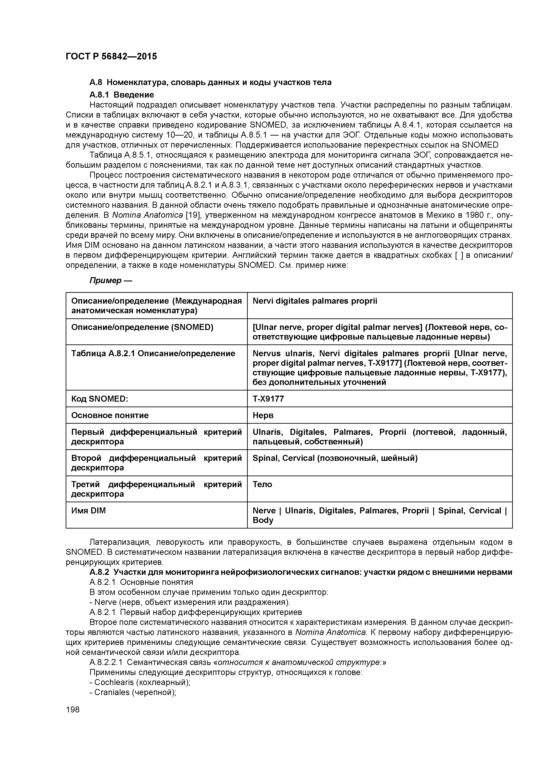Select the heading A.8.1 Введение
pos(122,95)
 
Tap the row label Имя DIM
pos(88,510)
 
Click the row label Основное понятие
pos(110,415)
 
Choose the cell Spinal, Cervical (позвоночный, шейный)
pos(335,458)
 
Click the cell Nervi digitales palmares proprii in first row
pos(315,301)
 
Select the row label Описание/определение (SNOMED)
pos(142,327)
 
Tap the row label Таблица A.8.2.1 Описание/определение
pos(153,353)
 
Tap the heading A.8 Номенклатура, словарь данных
pos(210,82)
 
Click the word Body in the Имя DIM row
pos(263,521)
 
